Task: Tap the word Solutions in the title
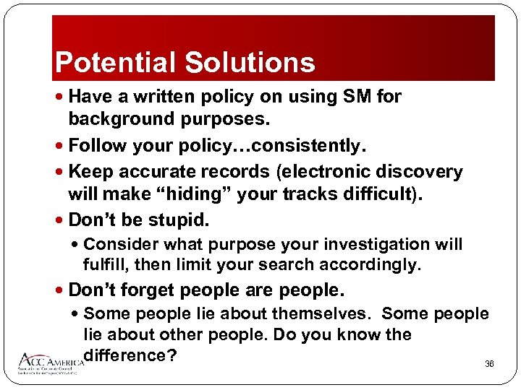tap(250, 63)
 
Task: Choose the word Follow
tap(97, 147)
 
